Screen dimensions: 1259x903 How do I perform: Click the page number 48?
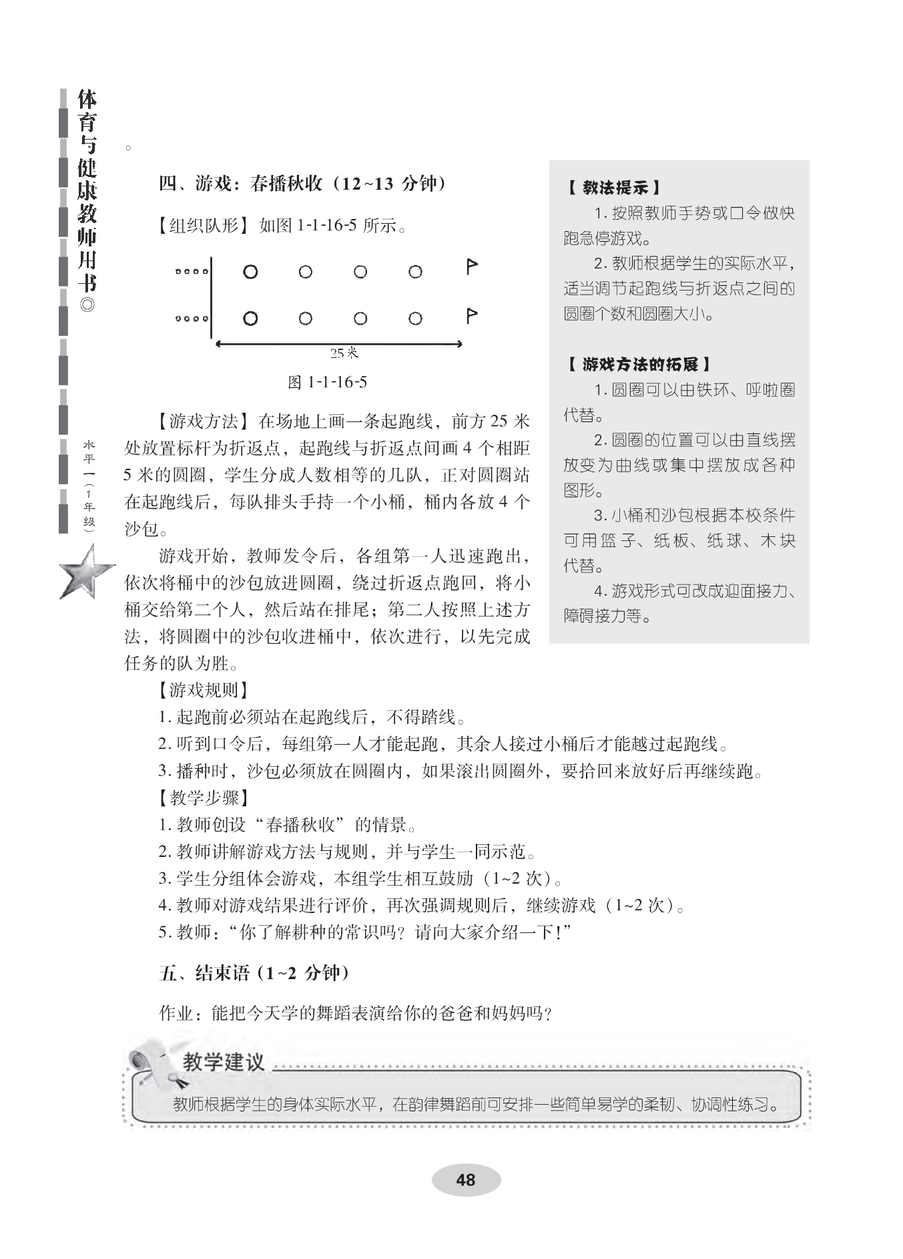pos(465,1180)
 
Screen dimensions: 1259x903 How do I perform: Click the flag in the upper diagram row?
pos(471,267)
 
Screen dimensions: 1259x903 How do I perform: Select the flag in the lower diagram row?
pos(471,315)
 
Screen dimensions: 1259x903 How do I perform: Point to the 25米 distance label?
pos(344,353)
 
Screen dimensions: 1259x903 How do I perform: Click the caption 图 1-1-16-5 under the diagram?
pos(327,382)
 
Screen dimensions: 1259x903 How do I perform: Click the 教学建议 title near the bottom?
pos(224,1063)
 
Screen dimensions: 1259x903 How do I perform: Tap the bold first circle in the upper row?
pos(250,272)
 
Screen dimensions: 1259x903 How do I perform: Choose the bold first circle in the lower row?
pos(250,319)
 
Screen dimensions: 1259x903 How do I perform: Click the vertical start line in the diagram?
pos(211,297)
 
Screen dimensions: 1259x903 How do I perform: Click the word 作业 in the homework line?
pos(176,1013)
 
